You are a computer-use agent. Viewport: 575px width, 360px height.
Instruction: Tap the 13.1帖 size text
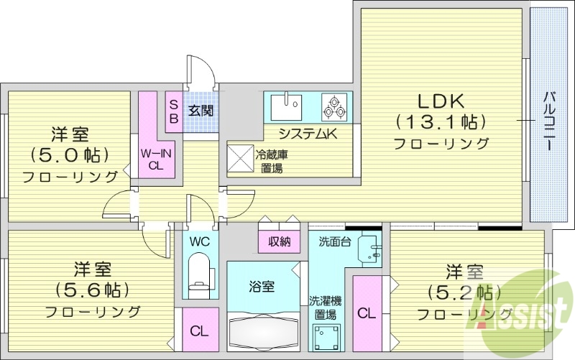pyautogui.click(x=440, y=121)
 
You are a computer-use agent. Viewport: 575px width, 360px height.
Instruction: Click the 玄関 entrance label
pyautogui.click(x=200, y=111)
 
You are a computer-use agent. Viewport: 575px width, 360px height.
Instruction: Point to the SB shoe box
pyautogui.click(x=173, y=111)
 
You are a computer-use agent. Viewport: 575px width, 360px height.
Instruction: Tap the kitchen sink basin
pyautogui.click(x=290, y=107)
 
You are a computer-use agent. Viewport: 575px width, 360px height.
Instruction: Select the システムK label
pyautogui.click(x=308, y=133)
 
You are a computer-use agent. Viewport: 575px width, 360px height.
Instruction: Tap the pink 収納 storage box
pyautogui.click(x=278, y=241)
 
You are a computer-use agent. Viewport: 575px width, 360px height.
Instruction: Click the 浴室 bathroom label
pyautogui.click(x=262, y=287)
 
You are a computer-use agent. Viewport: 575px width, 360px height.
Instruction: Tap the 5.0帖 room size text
pyautogui.click(x=69, y=154)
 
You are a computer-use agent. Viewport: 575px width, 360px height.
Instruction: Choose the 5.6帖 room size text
pyautogui.click(x=91, y=290)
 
